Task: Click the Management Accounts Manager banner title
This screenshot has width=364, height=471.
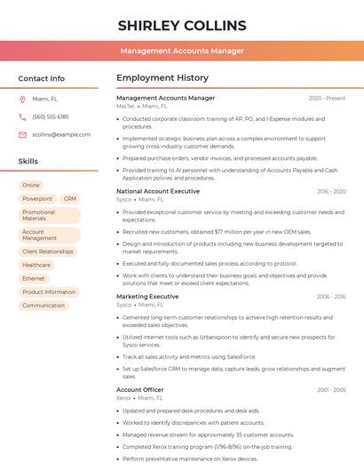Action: [x=181, y=51]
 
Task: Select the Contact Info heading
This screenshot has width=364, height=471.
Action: [x=42, y=78]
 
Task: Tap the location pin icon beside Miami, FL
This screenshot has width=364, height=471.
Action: [x=22, y=100]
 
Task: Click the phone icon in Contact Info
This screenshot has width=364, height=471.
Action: [x=22, y=117]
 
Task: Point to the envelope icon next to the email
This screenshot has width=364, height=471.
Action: [x=22, y=135]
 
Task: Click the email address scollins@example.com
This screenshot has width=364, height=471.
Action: [x=61, y=135]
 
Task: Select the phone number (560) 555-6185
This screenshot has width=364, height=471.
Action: [x=51, y=117]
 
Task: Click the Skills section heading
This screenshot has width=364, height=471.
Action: [x=28, y=162]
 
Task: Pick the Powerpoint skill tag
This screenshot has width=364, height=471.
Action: [x=37, y=199]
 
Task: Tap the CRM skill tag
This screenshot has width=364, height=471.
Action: [x=70, y=199]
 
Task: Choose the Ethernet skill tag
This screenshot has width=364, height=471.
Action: [x=34, y=278]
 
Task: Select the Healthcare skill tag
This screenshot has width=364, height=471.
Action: [x=36, y=265]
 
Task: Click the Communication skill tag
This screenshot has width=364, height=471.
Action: [x=44, y=305]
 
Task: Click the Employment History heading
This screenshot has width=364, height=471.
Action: [x=162, y=78]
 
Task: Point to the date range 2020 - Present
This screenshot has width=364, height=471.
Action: [x=327, y=98]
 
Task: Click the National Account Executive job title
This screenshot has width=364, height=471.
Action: [x=158, y=191]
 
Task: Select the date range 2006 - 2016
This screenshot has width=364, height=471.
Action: [x=330, y=297]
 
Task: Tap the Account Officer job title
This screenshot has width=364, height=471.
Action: [x=140, y=389]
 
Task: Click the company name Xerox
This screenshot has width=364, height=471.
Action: [x=123, y=398]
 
